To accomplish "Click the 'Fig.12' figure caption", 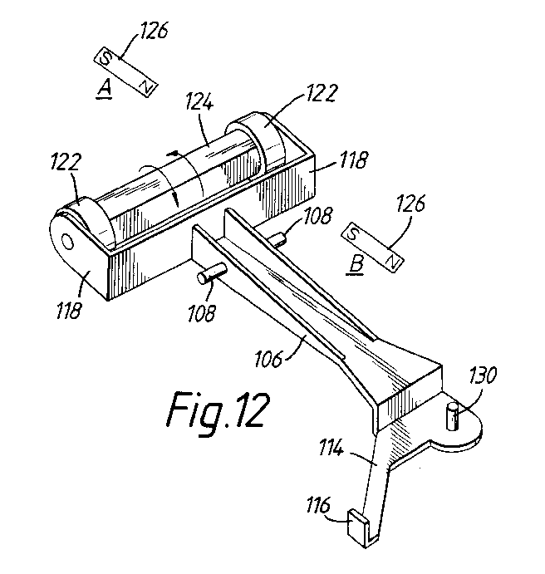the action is click(x=218, y=413).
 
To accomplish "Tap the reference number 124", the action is click(x=199, y=101).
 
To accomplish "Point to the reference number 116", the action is click(x=318, y=505).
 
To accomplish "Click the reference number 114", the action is click(x=331, y=448).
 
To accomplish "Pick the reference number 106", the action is click(x=268, y=358).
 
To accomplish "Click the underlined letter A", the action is click(x=105, y=90).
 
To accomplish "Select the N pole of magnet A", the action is click(x=146, y=86).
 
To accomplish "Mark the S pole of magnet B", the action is click(x=352, y=233).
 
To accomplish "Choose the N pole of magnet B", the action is click(x=392, y=262).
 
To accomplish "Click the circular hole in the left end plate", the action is click(x=68, y=243).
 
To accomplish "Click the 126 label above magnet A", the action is click(x=154, y=30).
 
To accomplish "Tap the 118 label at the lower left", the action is click(x=68, y=311).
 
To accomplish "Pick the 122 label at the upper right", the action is click(x=321, y=92).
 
